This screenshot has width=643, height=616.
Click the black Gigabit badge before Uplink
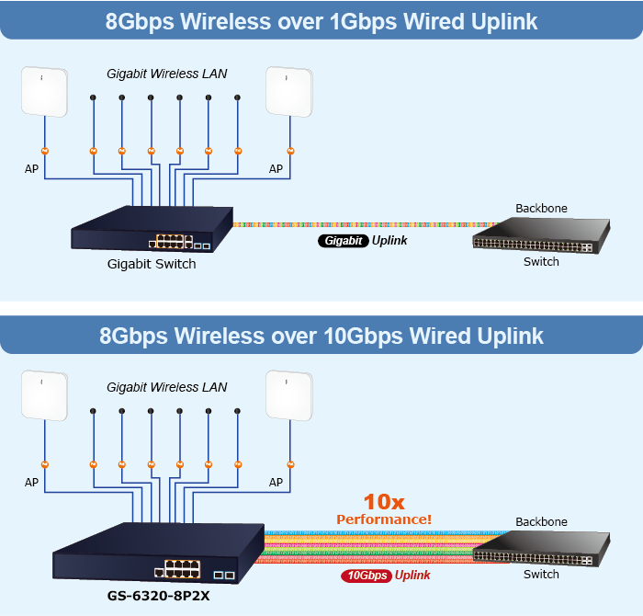point(343,241)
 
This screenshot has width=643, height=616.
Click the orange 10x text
point(384,502)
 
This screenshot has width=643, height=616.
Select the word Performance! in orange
point(384,519)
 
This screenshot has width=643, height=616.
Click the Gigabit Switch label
point(152,264)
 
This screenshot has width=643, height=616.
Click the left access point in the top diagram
point(45,93)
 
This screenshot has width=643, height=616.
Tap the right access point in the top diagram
point(288,93)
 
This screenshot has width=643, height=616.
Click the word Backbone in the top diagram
point(541,209)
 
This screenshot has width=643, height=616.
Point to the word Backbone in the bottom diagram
point(541,522)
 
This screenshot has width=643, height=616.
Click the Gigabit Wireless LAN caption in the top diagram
point(166,74)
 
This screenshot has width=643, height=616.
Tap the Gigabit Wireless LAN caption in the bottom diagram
point(166,387)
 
